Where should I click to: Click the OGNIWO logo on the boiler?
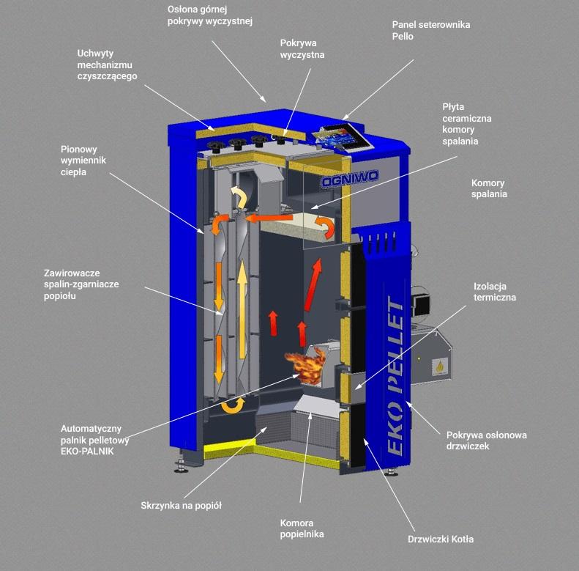[350, 180]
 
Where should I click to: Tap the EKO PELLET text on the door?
[395, 375]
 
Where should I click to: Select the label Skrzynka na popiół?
[181, 506]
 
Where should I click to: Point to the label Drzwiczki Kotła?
[441, 539]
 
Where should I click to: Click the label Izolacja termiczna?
[495, 292]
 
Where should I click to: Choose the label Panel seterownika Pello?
[431, 30]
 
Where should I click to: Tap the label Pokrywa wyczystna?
[302, 49]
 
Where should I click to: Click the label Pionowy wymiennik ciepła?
[83, 161]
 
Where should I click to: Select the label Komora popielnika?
[302, 528]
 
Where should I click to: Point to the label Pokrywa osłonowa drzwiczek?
[486, 441]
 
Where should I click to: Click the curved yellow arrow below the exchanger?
[233, 405]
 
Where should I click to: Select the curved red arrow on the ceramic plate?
[326, 226]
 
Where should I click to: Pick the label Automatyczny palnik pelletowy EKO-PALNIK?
[95, 440]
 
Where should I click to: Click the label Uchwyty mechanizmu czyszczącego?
[107, 65]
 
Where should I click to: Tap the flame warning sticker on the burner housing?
[439, 366]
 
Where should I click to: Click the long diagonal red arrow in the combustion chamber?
[313, 284]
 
